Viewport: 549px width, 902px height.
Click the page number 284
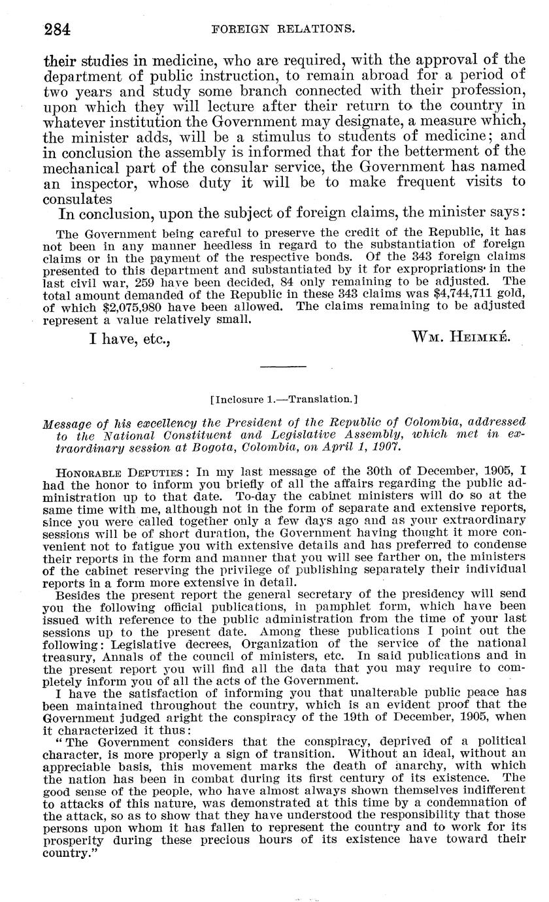[x=57, y=29]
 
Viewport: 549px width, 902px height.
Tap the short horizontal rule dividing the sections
[x=278, y=367]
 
